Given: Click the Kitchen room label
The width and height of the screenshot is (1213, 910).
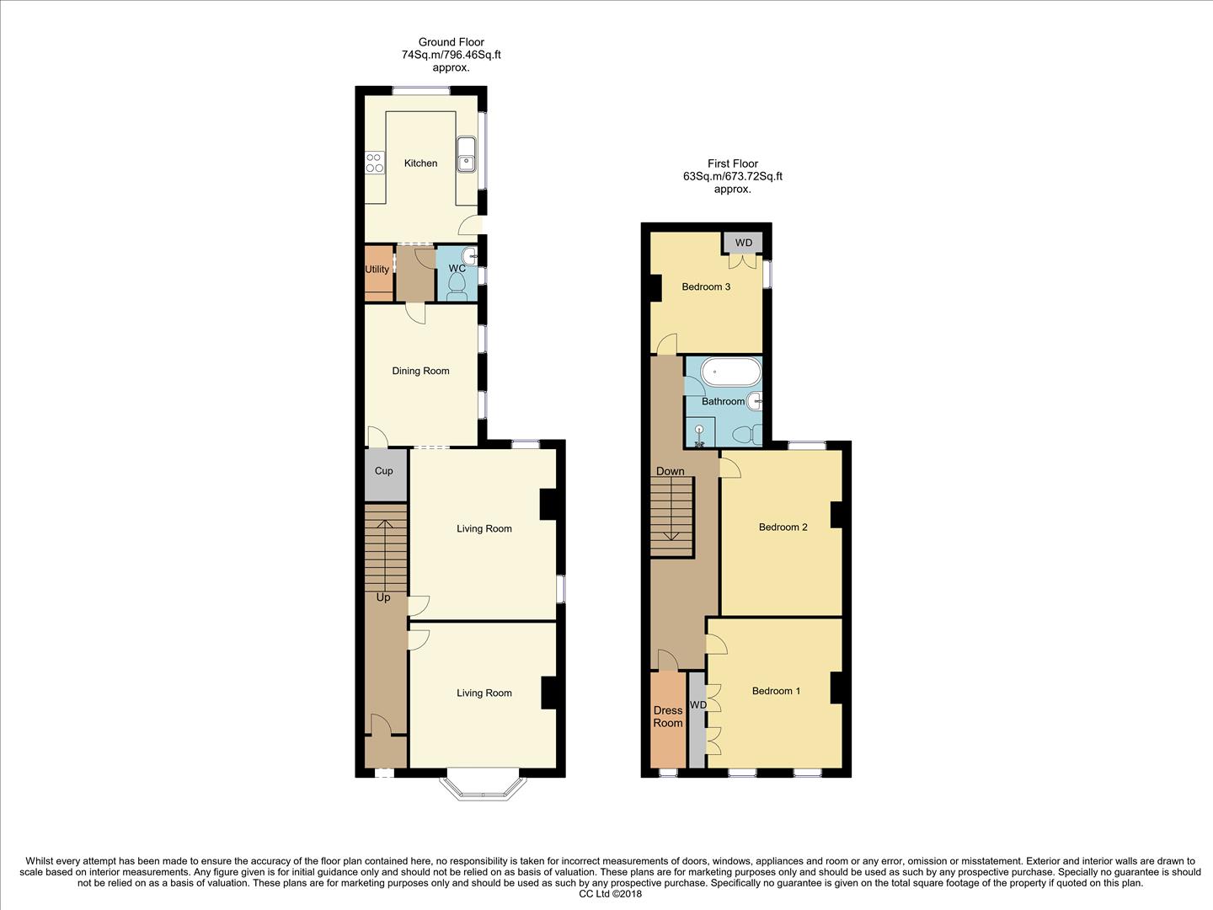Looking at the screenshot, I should [420, 163].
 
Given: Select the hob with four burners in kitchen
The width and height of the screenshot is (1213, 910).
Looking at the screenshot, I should [375, 163].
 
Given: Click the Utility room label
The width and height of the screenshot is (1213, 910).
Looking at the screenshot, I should [377, 270].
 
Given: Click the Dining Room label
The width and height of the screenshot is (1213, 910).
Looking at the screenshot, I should [420, 371].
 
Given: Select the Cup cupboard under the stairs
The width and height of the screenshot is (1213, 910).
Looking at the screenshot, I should [384, 471].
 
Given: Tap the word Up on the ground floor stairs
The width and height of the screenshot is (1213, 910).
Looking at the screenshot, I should [383, 597].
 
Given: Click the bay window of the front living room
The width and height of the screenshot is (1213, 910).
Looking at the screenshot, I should [483, 785].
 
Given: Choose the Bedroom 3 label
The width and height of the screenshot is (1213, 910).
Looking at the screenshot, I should [706, 287].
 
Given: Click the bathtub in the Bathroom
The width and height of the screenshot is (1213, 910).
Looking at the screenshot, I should [731, 371].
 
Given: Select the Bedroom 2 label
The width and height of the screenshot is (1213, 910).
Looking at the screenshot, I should [783, 527].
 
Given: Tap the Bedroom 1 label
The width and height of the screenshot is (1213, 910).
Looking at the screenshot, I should [776, 691].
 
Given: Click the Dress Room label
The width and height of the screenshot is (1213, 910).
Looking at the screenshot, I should [668, 717].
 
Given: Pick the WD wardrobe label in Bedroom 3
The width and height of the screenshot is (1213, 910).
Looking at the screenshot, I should [743, 244].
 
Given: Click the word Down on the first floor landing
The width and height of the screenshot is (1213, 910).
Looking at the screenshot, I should [671, 471].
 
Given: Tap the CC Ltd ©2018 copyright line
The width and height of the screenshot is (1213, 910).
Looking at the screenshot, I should [611, 894].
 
